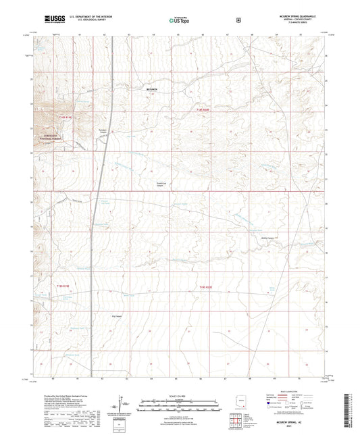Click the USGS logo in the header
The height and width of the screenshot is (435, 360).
[x=52, y=20]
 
